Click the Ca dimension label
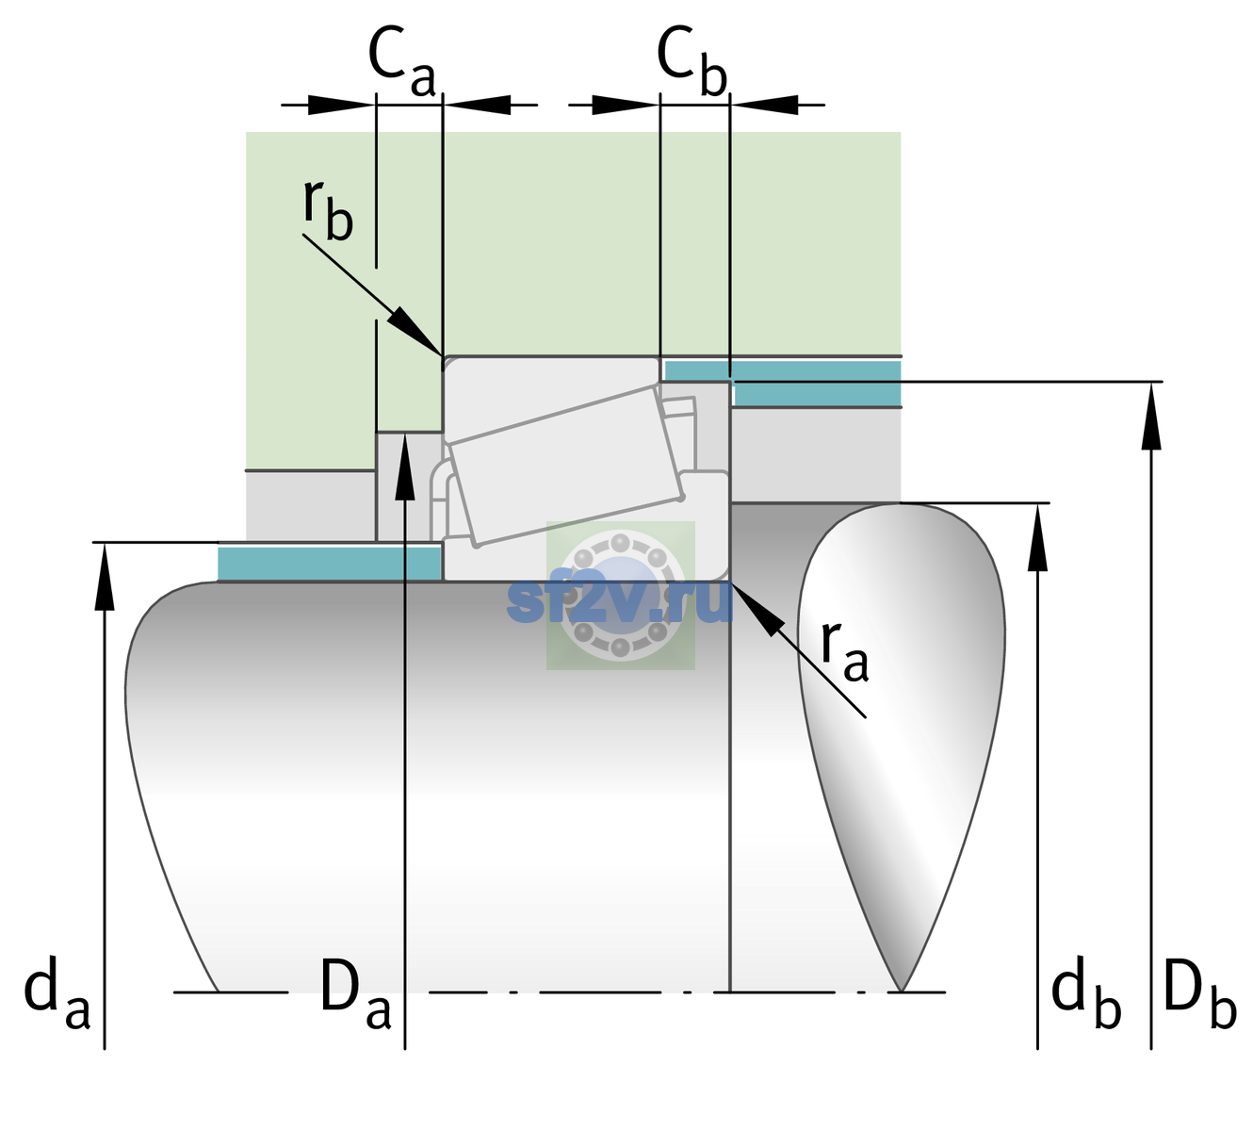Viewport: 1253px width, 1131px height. click(401, 62)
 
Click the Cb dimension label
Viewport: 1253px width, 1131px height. click(692, 62)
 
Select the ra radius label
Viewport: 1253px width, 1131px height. click(844, 651)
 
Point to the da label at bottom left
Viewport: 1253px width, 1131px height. click(57, 992)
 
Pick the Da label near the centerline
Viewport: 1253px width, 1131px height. click(355, 992)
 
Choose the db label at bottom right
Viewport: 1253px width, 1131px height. click(1086, 992)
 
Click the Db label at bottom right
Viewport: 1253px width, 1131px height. click(1200, 992)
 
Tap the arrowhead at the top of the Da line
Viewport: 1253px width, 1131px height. click(405, 466)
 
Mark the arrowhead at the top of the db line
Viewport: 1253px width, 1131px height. click(1037, 537)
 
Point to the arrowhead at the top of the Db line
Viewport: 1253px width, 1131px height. click(1151, 416)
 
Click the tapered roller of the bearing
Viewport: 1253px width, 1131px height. click(566, 466)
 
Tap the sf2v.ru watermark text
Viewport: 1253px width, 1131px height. click(620, 601)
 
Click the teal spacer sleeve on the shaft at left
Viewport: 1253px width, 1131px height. click(329, 563)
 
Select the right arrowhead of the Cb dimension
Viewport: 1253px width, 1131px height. click(764, 105)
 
